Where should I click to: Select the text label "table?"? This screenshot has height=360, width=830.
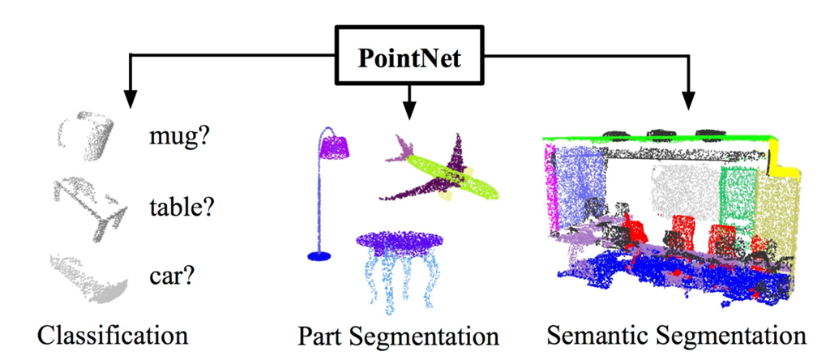point(181,207)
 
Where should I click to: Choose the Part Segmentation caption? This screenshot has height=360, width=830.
point(397,335)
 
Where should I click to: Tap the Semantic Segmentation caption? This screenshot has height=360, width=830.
point(675,335)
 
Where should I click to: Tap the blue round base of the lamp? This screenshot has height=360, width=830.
point(319,256)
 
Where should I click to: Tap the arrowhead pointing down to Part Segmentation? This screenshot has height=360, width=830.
point(409,107)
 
